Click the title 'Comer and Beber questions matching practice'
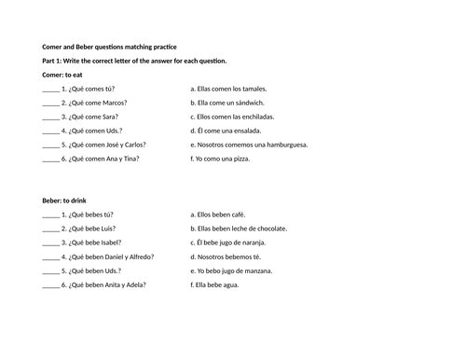[116, 47]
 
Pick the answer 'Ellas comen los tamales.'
[225, 89]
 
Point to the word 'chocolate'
[271, 228]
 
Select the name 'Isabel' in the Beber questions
[114, 242]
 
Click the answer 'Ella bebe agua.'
[215, 284]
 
